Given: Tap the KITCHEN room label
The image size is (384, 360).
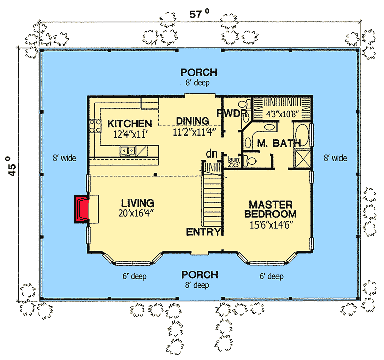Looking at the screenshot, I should point(129,124).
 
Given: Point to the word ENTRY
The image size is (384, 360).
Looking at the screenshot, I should point(203,232).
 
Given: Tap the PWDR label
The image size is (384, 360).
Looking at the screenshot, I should point(232,114).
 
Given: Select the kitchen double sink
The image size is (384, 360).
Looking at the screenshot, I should point(127,150).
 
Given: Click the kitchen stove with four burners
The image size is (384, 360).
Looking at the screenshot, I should point(95,126).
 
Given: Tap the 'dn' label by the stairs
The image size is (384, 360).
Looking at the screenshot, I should point(211,153).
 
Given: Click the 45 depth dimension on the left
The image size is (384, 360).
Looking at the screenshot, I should point(11,166).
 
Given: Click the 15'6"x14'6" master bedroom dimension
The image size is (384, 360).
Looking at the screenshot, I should point(271,224).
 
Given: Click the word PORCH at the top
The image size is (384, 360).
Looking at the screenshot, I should point(199,73).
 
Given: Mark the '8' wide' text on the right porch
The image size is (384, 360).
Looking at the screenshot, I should point(335,159).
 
